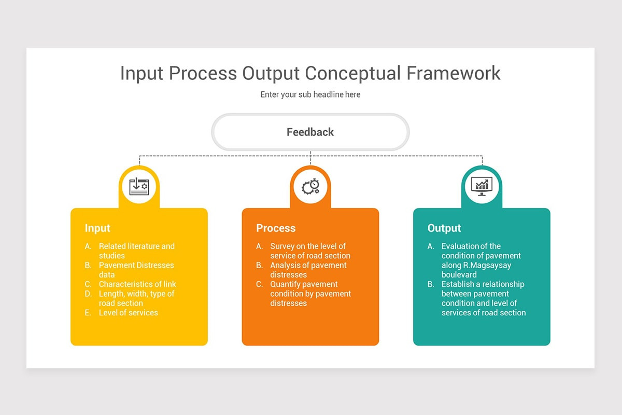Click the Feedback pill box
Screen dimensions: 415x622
tap(310, 132)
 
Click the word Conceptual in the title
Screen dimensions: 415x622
tap(352, 73)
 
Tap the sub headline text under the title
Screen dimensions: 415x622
tap(310, 94)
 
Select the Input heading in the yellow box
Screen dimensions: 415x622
tap(97, 228)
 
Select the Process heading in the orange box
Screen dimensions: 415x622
tap(275, 228)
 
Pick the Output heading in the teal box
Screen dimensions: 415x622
tap(444, 228)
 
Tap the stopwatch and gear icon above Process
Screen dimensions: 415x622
tap(310, 186)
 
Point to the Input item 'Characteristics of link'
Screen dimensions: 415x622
tap(137, 284)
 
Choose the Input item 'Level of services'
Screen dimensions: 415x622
tap(128, 313)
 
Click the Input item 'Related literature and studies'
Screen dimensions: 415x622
tap(136, 251)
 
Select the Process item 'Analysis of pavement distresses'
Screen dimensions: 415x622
tap(308, 270)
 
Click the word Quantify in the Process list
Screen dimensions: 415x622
tap(286, 284)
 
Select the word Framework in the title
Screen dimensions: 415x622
tap(454, 73)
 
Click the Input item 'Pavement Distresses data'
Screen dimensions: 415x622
tap(136, 270)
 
